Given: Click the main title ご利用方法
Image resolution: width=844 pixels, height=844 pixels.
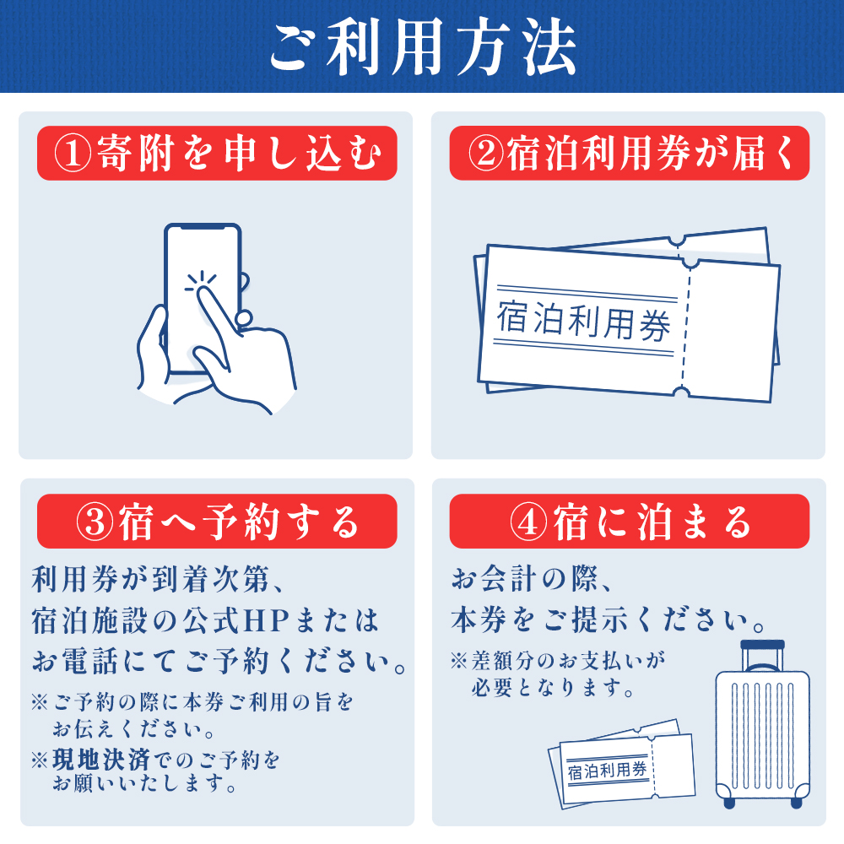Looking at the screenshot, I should (422, 46).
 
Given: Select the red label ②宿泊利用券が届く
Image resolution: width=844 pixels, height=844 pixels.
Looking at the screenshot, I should (629, 153).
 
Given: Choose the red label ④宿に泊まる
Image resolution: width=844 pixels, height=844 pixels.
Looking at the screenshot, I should (629, 522).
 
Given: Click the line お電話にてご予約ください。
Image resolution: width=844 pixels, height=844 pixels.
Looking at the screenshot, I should (218, 662).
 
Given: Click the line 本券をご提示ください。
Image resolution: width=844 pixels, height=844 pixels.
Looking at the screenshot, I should (608, 622).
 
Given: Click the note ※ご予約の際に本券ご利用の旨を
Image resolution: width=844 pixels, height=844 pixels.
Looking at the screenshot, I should (192, 702).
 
